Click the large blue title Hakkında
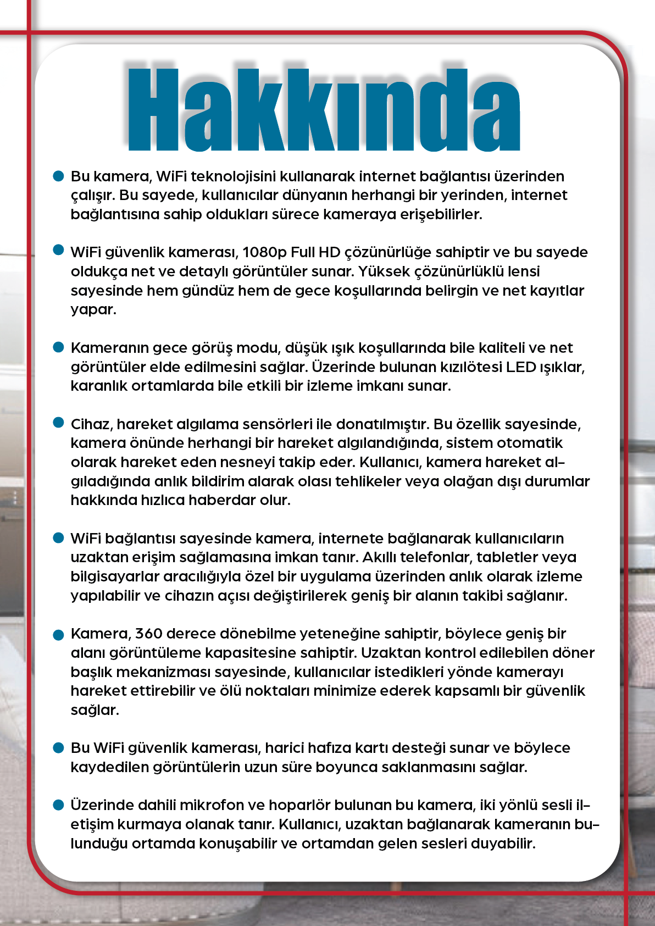click(324, 110)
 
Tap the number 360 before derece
click(148, 634)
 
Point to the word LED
click(521, 367)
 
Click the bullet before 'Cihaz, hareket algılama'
click(59, 423)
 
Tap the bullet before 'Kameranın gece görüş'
click(59, 347)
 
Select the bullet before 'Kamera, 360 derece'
click(59, 635)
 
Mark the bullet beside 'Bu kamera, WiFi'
click(59, 176)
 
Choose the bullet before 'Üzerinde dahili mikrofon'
click(59, 805)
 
